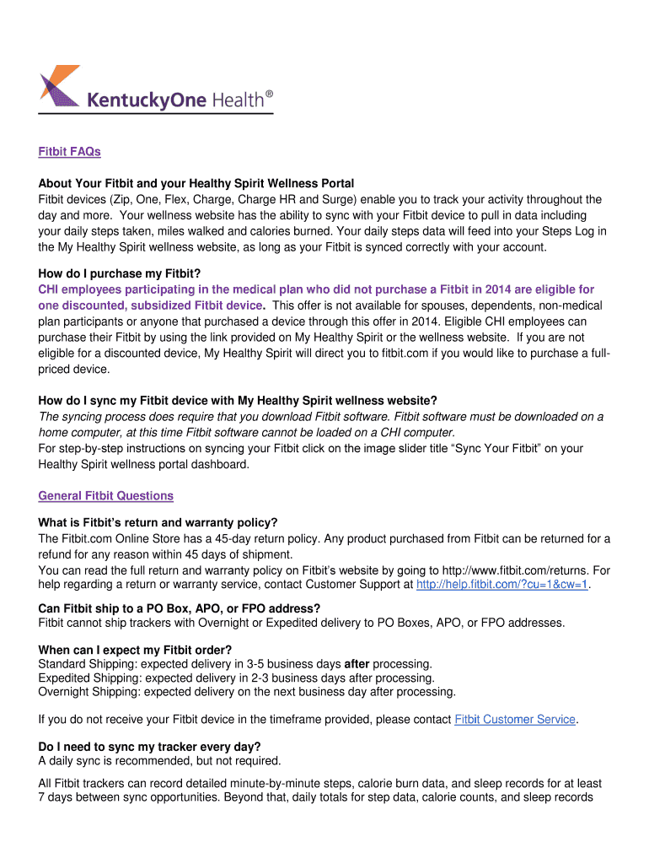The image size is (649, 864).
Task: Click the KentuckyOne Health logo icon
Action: point(59,87)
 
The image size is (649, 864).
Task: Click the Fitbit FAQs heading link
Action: point(69,152)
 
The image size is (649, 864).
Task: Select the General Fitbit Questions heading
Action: point(105,496)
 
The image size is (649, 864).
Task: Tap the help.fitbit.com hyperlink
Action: point(502,584)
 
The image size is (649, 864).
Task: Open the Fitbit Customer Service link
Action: point(515,720)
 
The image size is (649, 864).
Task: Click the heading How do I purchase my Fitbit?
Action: point(120,273)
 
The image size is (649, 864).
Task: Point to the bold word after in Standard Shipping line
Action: point(357,664)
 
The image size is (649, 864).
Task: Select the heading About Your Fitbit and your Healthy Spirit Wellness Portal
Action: point(196,183)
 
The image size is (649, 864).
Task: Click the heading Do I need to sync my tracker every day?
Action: point(149,747)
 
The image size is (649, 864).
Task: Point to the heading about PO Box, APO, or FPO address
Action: point(180,608)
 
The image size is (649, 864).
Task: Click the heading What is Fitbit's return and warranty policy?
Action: point(158,523)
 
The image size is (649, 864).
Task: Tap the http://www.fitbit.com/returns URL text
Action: point(515,570)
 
